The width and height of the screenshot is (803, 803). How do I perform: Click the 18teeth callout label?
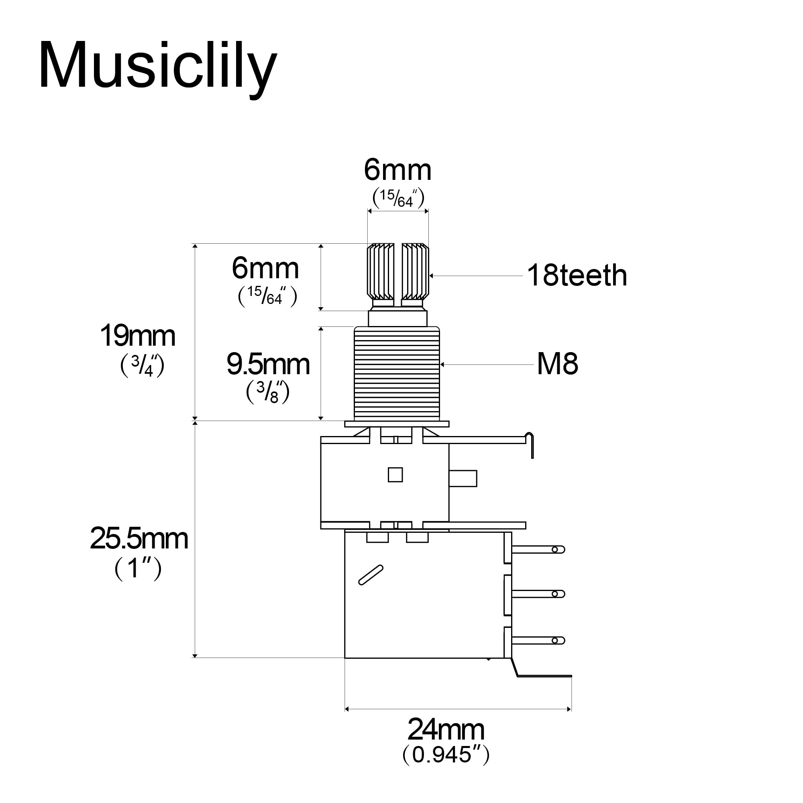pyautogui.click(x=577, y=275)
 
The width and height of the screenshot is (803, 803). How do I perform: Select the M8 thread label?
pyautogui.click(x=557, y=364)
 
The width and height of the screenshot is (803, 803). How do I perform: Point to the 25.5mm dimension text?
pyautogui.click(x=139, y=539)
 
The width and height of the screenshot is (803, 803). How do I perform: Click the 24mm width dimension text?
pyautogui.click(x=446, y=730)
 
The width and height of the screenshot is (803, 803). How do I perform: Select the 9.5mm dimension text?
pyautogui.click(x=268, y=365)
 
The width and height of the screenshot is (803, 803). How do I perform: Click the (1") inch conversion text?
pyautogui.click(x=138, y=568)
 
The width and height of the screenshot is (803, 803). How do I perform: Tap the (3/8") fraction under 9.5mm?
pyautogui.click(x=268, y=392)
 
